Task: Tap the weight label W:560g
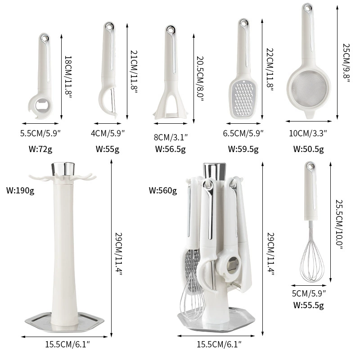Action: pyautogui.click(x=162, y=190)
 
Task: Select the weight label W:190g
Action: pyautogui.click(x=19, y=190)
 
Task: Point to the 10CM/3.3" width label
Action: pyautogui.click(x=309, y=133)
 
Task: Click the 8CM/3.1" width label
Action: pyautogui.click(x=171, y=136)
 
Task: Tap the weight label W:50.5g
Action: pyautogui.click(x=309, y=148)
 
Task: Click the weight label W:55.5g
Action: pyautogui.click(x=309, y=305)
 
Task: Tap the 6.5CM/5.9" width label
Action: pyautogui.click(x=243, y=133)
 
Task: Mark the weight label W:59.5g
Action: pyautogui.click(x=243, y=148)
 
